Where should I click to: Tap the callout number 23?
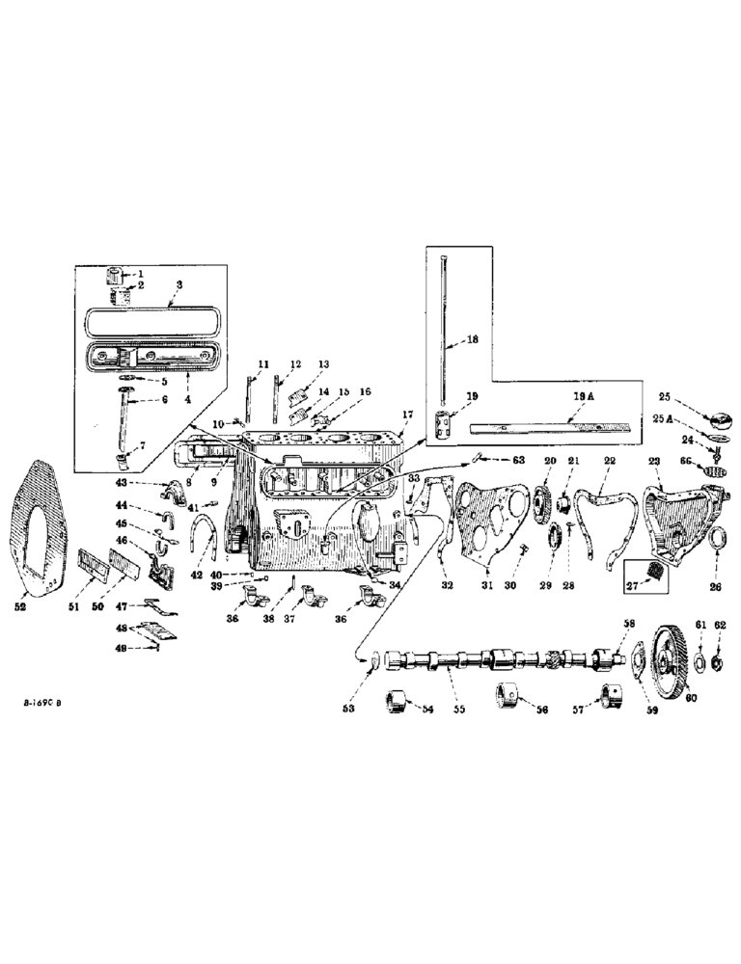point(653,463)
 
